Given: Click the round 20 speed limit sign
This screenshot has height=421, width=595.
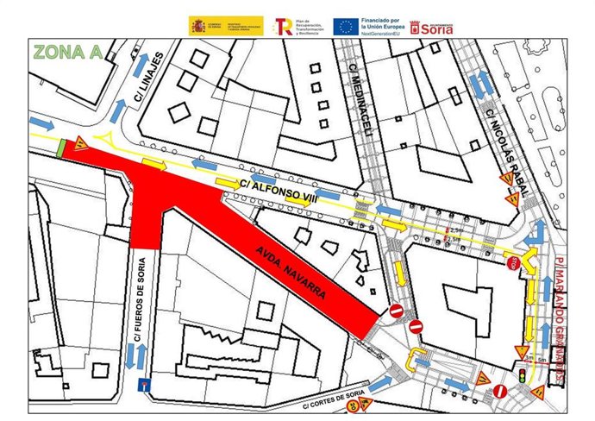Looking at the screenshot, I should tap(351, 405).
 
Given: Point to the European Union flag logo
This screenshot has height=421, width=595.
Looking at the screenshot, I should tap(346, 26).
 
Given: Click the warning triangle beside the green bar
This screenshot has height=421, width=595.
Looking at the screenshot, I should tap(78, 144).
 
